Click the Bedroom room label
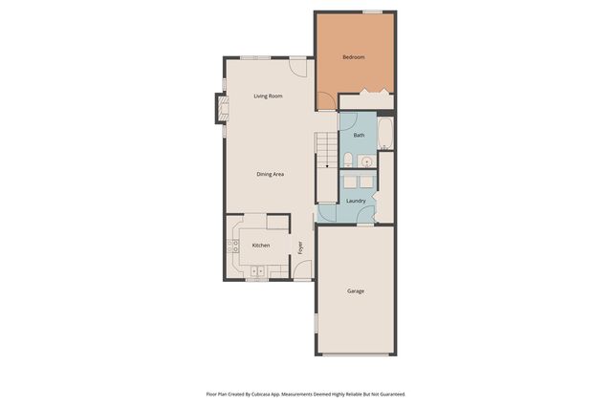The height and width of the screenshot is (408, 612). click(x=354, y=57)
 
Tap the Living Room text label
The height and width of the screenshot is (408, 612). click(x=268, y=97)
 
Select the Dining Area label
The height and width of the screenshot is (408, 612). click(x=271, y=174)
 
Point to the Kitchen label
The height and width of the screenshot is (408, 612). click(x=260, y=246)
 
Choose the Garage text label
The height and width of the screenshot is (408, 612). click(x=355, y=291)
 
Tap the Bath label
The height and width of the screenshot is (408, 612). click(x=359, y=135)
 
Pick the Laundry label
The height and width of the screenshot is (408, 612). click(x=356, y=201)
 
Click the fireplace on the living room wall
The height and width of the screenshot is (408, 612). click(x=219, y=109)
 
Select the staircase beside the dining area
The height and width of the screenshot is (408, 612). click(x=326, y=151)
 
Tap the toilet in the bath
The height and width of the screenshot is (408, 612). click(x=349, y=160)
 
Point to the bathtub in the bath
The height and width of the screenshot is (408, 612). click(x=385, y=133)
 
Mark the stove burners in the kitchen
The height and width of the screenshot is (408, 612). click(x=232, y=247)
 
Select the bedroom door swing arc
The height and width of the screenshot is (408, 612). click(x=326, y=99)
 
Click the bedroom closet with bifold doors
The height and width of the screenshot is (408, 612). click(x=366, y=99)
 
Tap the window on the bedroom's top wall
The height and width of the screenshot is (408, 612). click(x=372, y=12)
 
